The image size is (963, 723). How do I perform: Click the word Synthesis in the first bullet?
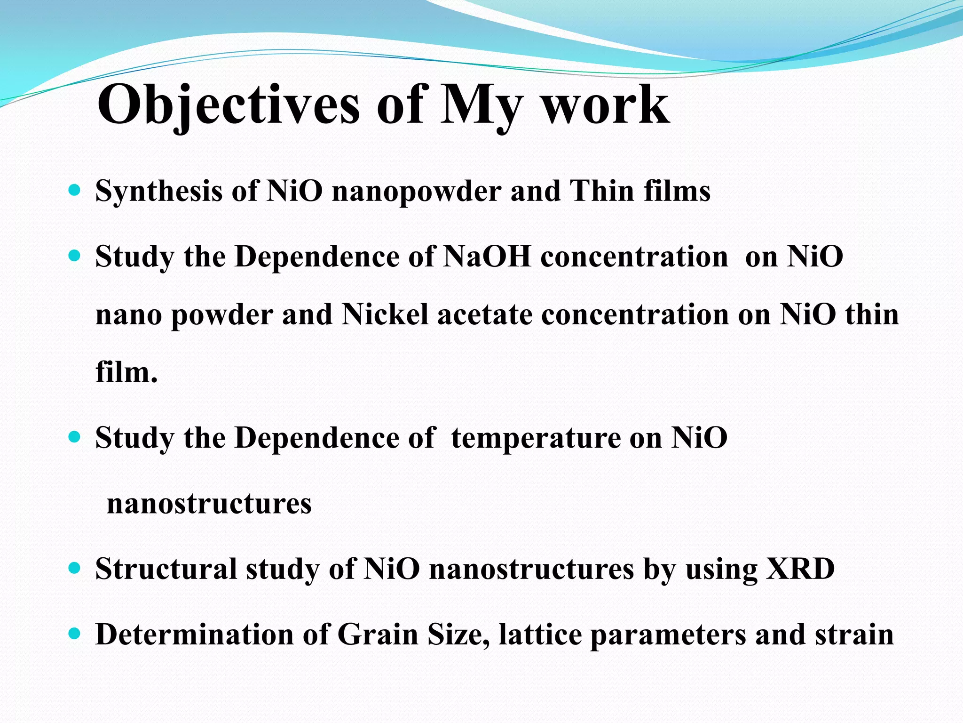[x=158, y=192]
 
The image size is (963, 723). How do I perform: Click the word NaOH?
[x=487, y=257]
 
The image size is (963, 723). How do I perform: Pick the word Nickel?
[x=385, y=314]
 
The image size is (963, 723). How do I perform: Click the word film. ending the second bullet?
[x=126, y=372]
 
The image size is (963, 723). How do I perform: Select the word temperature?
[x=536, y=438]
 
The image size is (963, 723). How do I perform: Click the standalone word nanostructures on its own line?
[x=209, y=504]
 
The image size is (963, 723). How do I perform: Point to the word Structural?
[x=166, y=569]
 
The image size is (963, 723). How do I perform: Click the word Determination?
[x=195, y=635]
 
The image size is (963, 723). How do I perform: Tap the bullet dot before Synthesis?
[x=74, y=190]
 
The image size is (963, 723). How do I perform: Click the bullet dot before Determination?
[x=74, y=634]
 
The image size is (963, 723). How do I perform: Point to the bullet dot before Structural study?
[x=74, y=568]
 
